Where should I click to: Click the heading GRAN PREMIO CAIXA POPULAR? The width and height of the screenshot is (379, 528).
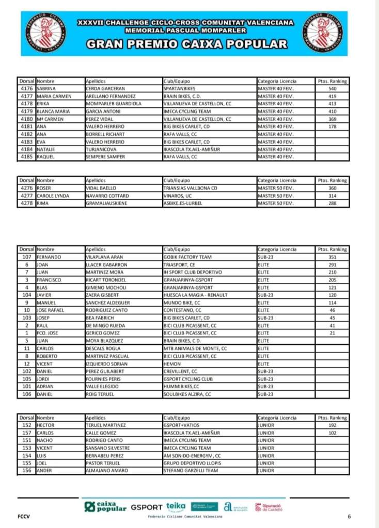tap(186, 44)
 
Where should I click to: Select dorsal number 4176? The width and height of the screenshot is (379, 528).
tap(26, 88)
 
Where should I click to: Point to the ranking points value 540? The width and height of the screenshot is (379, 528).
tap(332, 88)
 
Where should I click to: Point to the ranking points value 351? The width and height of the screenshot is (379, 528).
tap(332, 257)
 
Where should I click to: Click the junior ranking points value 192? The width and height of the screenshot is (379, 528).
tap(332, 425)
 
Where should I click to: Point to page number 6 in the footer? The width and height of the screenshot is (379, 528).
tap(349, 516)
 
